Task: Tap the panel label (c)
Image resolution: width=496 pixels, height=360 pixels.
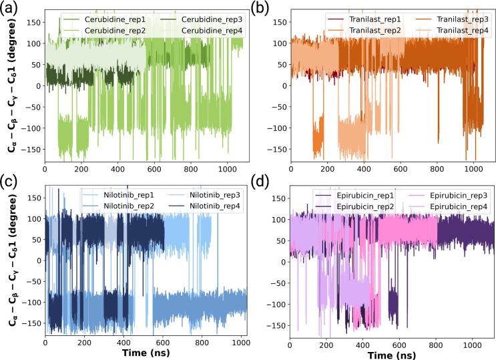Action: [x=11, y=180]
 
